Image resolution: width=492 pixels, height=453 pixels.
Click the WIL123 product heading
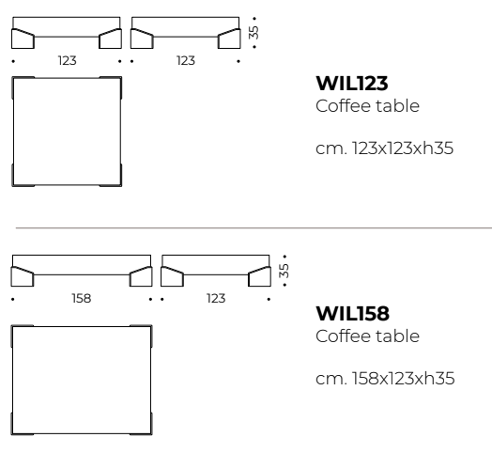coord(352,84)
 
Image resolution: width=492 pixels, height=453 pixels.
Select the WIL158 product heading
coord(353,313)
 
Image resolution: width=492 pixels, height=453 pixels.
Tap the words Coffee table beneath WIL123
coord(367,106)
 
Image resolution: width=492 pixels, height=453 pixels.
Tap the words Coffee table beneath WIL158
coord(367,336)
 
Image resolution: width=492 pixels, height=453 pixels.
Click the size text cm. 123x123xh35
coord(384,148)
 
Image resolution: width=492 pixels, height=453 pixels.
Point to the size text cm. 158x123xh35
coord(385,378)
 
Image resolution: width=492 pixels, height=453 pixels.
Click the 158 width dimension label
coord(82,298)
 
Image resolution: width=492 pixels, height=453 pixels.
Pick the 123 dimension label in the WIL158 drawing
coord(216,298)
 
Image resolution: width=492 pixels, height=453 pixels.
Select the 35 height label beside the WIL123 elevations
coord(254,32)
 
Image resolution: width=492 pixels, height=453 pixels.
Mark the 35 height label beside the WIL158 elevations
coord(284,271)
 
